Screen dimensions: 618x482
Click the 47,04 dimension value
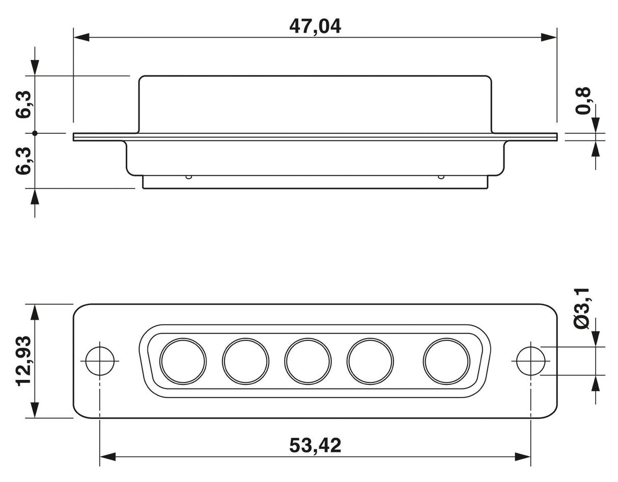(x=315, y=27)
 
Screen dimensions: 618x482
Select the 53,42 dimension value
(x=315, y=445)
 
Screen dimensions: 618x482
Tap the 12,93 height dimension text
(x=23, y=361)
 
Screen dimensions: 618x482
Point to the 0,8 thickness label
(x=582, y=101)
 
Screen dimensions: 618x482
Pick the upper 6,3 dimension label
(x=23, y=104)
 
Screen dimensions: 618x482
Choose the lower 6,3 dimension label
(x=23, y=161)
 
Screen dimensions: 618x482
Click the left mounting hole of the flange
(x=100, y=361)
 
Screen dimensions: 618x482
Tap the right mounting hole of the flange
(x=530, y=361)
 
